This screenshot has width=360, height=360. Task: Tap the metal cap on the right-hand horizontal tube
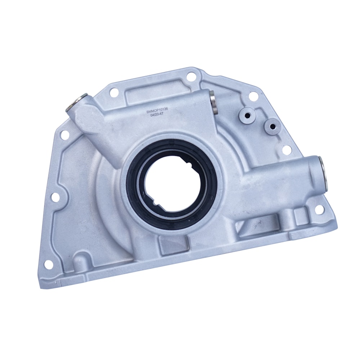click(x=324, y=174)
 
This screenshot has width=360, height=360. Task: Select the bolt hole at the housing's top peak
click(x=192, y=77)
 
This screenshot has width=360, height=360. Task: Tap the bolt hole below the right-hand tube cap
click(x=319, y=210)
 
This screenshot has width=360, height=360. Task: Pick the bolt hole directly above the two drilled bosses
click(x=253, y=96)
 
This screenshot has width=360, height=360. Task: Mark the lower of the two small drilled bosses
click(x=273, y=126)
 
